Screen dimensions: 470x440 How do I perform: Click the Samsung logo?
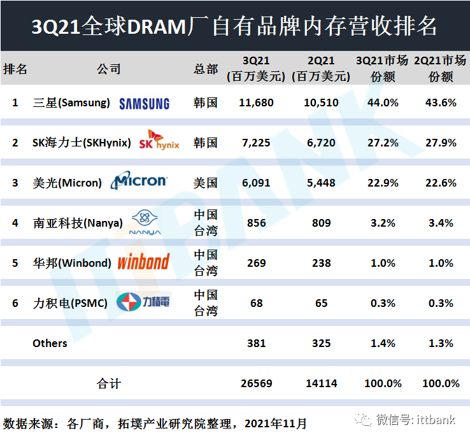144,104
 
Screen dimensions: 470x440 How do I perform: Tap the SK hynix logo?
159,140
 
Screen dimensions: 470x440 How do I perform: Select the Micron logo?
139,180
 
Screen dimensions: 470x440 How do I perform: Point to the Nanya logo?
145,222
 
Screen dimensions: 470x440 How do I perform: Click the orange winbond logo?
143,262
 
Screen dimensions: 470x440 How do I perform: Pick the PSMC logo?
143,302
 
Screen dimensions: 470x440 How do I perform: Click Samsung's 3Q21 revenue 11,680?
256,103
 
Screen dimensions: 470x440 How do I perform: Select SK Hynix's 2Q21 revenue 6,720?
321,143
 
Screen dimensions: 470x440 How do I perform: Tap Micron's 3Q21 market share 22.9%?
383,183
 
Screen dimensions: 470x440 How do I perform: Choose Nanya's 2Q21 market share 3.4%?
441,223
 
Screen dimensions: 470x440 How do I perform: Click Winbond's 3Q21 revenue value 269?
256,263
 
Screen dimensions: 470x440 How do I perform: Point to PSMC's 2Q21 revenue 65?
321,303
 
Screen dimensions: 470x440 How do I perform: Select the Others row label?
50,343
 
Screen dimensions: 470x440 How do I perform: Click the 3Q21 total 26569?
256,383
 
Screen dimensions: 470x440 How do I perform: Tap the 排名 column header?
15,69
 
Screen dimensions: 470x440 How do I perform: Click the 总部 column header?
206,69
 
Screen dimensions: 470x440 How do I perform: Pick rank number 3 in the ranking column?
15,183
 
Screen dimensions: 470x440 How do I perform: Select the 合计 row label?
108,383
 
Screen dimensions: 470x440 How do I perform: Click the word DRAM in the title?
157,27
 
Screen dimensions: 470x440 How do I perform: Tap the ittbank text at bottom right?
436,420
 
